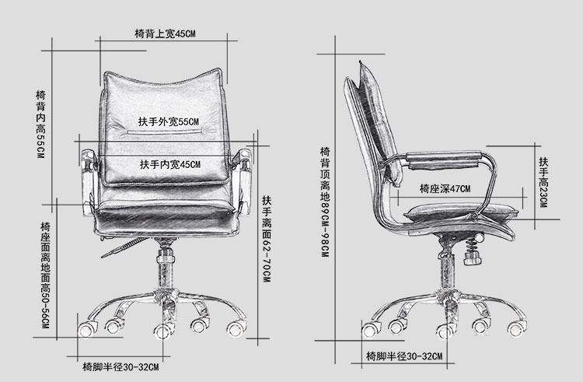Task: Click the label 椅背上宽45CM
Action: coord(164,34)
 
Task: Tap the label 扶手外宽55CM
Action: coord(169,123)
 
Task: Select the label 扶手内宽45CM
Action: coord(169,165)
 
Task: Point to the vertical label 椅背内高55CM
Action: coord(40,124)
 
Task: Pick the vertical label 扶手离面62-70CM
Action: coord(266,238)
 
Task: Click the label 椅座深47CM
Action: coord(445,188)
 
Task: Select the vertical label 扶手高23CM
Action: coord(543,180)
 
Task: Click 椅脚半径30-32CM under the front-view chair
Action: coord(120,366)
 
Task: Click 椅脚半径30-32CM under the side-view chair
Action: coord(403,356)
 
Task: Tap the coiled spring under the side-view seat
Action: coord(470,247)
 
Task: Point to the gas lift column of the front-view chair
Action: coord(165,268)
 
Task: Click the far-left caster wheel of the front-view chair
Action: coord(85,327)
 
